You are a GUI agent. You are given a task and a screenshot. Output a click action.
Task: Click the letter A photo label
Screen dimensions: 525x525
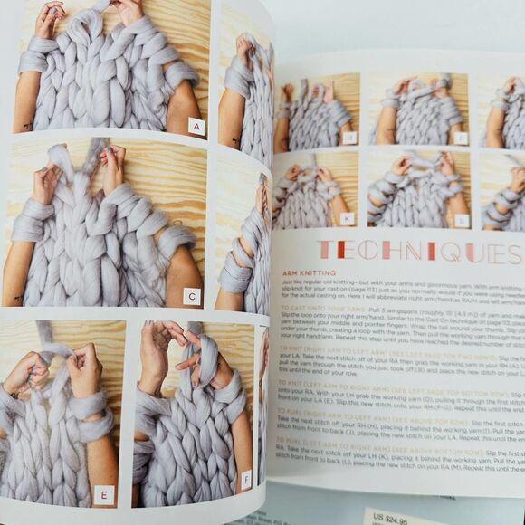(x=196, y=127)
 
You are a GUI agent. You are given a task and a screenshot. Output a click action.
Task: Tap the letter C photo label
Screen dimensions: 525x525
(x=191, y=296)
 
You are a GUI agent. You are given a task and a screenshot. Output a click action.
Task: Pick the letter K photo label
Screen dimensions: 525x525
(x=345, y=219)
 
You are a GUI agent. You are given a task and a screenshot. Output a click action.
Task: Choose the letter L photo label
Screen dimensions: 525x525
(x=462, y=220)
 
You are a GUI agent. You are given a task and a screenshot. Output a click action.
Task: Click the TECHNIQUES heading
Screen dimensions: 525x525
(x=407, y=253)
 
